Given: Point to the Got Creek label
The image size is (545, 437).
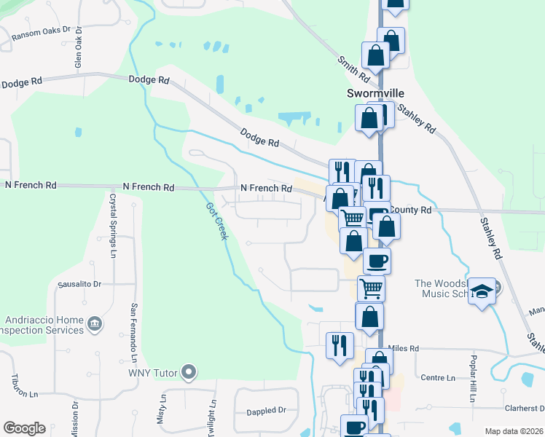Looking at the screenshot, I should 217,221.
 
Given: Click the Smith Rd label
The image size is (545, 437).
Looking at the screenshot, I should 352,68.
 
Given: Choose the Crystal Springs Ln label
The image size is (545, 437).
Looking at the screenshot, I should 114,225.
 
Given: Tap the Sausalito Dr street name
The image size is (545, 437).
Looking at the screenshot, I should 79,283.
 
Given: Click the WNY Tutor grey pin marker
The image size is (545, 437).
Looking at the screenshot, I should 189,373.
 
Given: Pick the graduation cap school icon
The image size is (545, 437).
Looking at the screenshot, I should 481,291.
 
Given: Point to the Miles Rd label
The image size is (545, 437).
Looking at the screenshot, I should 404,349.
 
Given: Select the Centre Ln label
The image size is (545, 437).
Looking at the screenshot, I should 438,378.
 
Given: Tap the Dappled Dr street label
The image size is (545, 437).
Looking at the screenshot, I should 266,411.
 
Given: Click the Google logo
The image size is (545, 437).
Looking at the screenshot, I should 24,428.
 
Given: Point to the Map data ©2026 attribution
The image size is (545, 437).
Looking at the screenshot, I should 513,431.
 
